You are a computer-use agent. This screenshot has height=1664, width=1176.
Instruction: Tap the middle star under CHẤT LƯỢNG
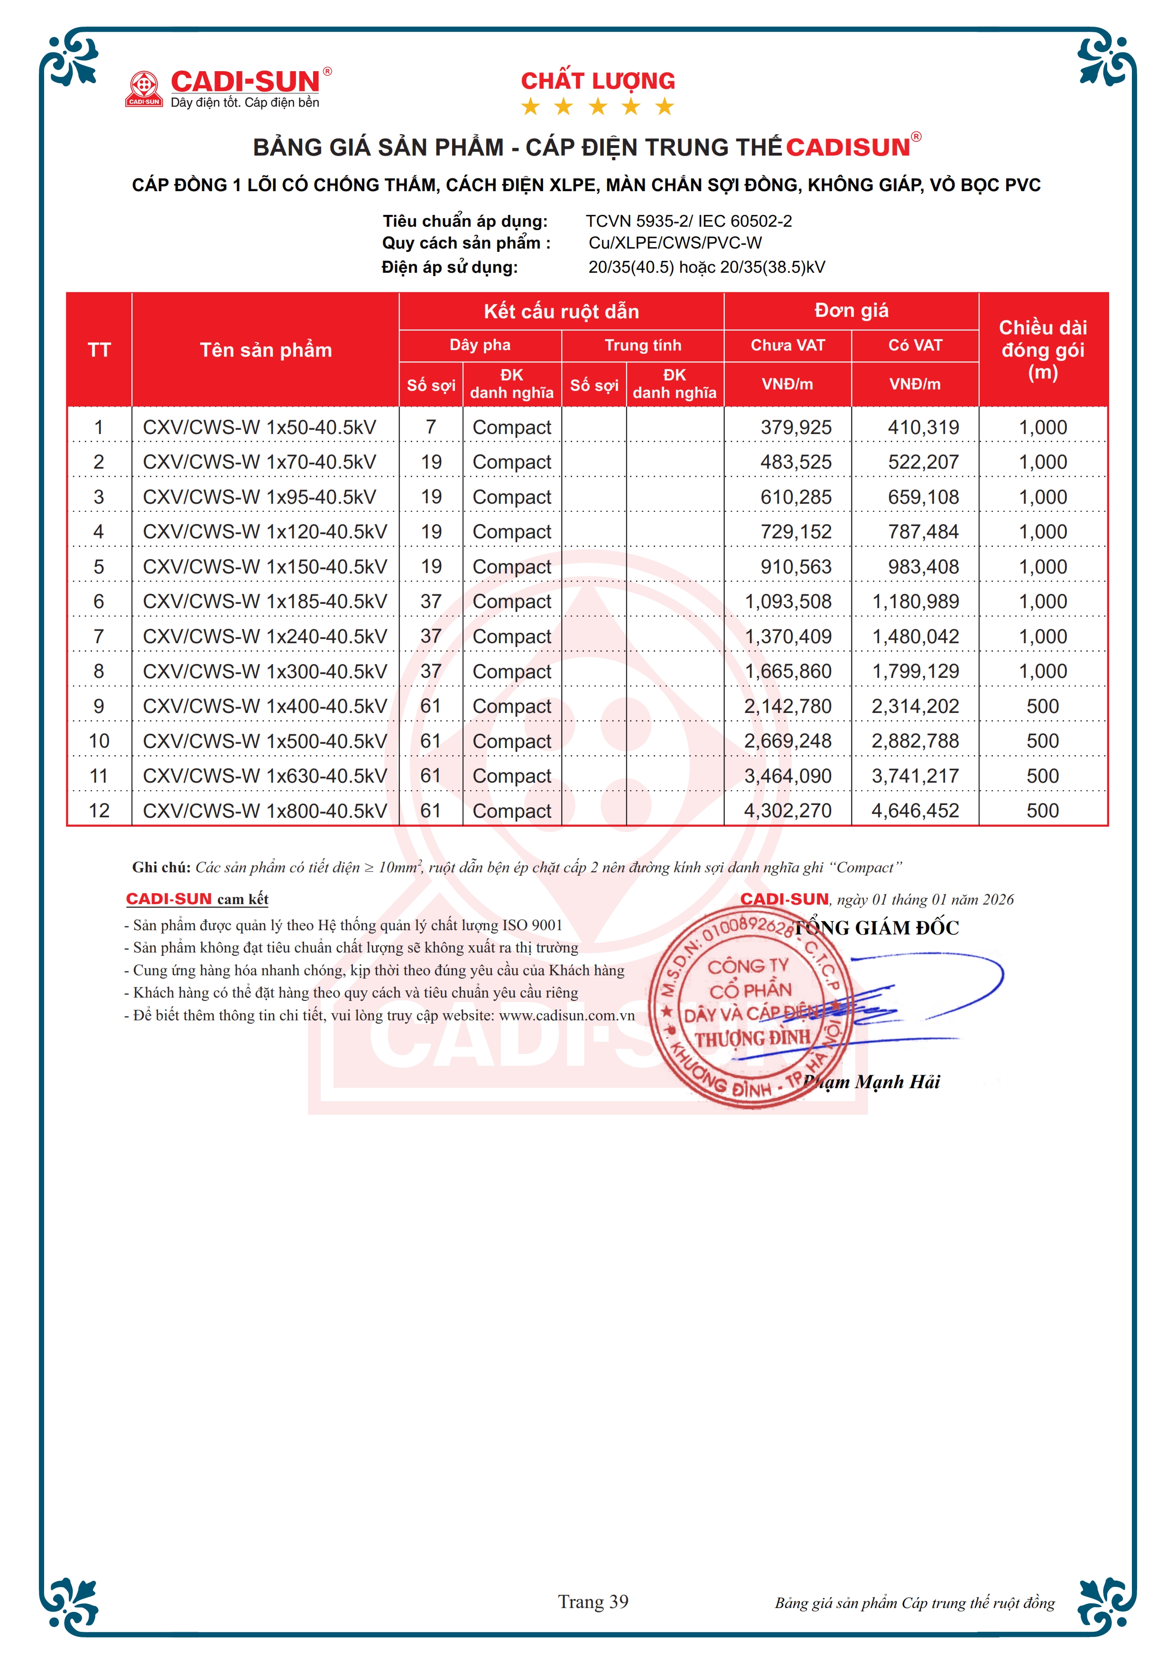598,107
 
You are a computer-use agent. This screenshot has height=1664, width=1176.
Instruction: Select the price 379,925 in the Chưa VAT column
796,427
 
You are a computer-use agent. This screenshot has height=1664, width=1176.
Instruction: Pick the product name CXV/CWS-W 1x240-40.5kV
265,636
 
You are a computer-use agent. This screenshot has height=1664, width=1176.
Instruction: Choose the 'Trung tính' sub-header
643,345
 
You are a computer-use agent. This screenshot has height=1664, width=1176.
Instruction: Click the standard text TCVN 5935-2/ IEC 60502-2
688,221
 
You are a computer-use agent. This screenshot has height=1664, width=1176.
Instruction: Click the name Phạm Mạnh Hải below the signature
873,1082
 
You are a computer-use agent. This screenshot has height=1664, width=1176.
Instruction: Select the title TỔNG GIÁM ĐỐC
877,928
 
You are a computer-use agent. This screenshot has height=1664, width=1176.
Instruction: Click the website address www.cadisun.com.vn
566,1016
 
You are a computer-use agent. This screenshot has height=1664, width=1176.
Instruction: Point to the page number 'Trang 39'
593,1602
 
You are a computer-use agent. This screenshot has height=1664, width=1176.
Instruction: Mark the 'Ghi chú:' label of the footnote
161,868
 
